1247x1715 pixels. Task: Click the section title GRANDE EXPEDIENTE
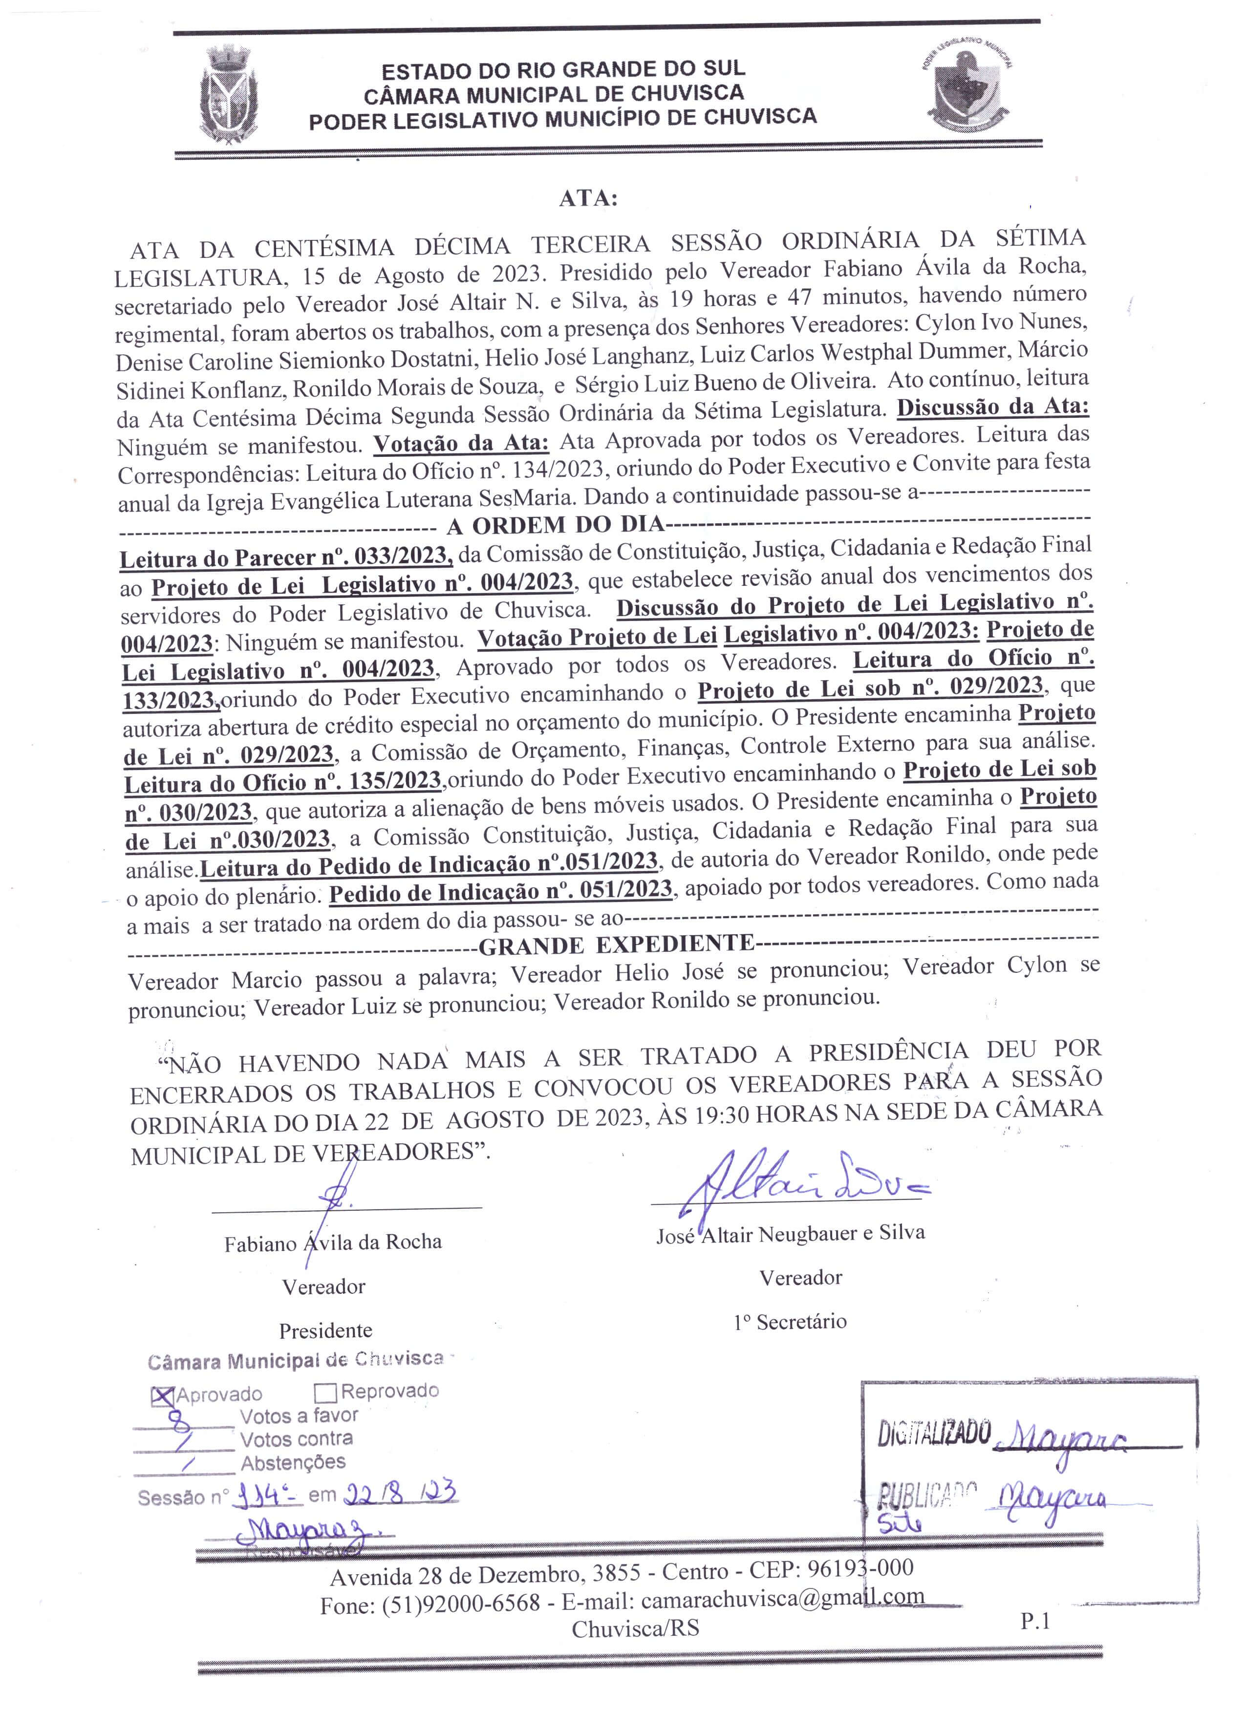[617, 945]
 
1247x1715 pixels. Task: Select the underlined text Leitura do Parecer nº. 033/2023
[286, 557]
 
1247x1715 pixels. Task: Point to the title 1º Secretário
[790, 1322]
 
